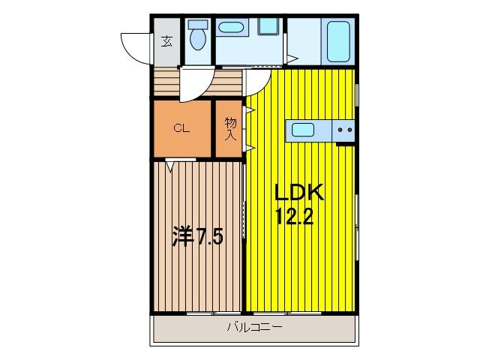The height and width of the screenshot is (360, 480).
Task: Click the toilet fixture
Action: tap(198, 38)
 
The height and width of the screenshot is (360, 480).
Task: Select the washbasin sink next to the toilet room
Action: tap(229, 28)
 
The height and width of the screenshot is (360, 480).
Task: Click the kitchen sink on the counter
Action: tap(303, 130)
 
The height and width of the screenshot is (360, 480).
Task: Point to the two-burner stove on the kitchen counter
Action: tap(344, 130)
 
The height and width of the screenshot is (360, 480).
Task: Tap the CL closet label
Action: tap(181, 127)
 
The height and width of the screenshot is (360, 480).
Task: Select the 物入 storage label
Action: tap(230, 129)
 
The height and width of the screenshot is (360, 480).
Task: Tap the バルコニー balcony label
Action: tap(254, 327)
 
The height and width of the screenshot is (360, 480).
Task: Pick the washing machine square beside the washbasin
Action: tap(268, 26)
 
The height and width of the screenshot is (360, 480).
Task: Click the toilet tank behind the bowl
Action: tap(198, 24)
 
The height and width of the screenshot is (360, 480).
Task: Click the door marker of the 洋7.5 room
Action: tap(172, 165)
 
